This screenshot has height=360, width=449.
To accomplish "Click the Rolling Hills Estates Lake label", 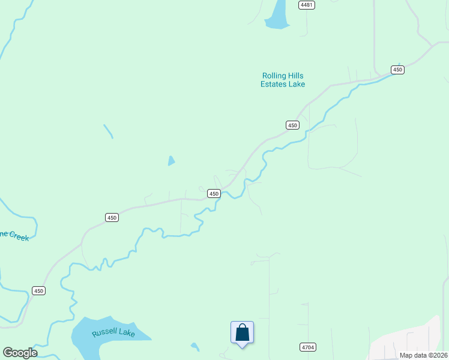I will click(x=283, y=80).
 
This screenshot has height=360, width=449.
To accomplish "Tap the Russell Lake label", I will click(x=113, y=332).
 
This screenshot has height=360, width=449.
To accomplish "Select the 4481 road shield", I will click(x=307, y=5).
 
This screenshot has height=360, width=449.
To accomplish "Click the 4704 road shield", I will click(x=307, y=347).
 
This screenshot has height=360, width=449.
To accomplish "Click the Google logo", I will click(x=20, y=353).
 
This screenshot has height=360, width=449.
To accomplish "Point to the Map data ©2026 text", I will click(x=424, y=355).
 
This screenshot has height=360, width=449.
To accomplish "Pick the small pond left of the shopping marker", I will click(x=194, y=346).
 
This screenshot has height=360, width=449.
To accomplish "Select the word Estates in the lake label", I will click(x=275, y=85).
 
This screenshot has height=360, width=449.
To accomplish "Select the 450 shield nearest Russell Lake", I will click(x=38, y=291).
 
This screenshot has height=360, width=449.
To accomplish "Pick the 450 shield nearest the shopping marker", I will click(x=214, y=193).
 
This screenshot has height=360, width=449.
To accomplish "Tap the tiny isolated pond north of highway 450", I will click(x=171, y=161).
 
